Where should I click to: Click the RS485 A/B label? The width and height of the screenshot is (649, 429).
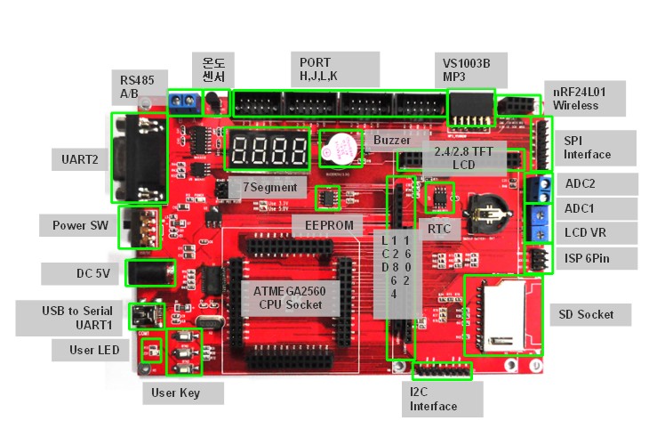137,86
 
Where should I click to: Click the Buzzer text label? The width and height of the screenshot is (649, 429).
392,141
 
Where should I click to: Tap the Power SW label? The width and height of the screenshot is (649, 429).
80,225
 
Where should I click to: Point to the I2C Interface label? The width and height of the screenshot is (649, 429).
434,400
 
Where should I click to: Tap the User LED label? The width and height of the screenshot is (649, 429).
94,350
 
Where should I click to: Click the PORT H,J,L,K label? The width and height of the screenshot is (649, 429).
318,69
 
